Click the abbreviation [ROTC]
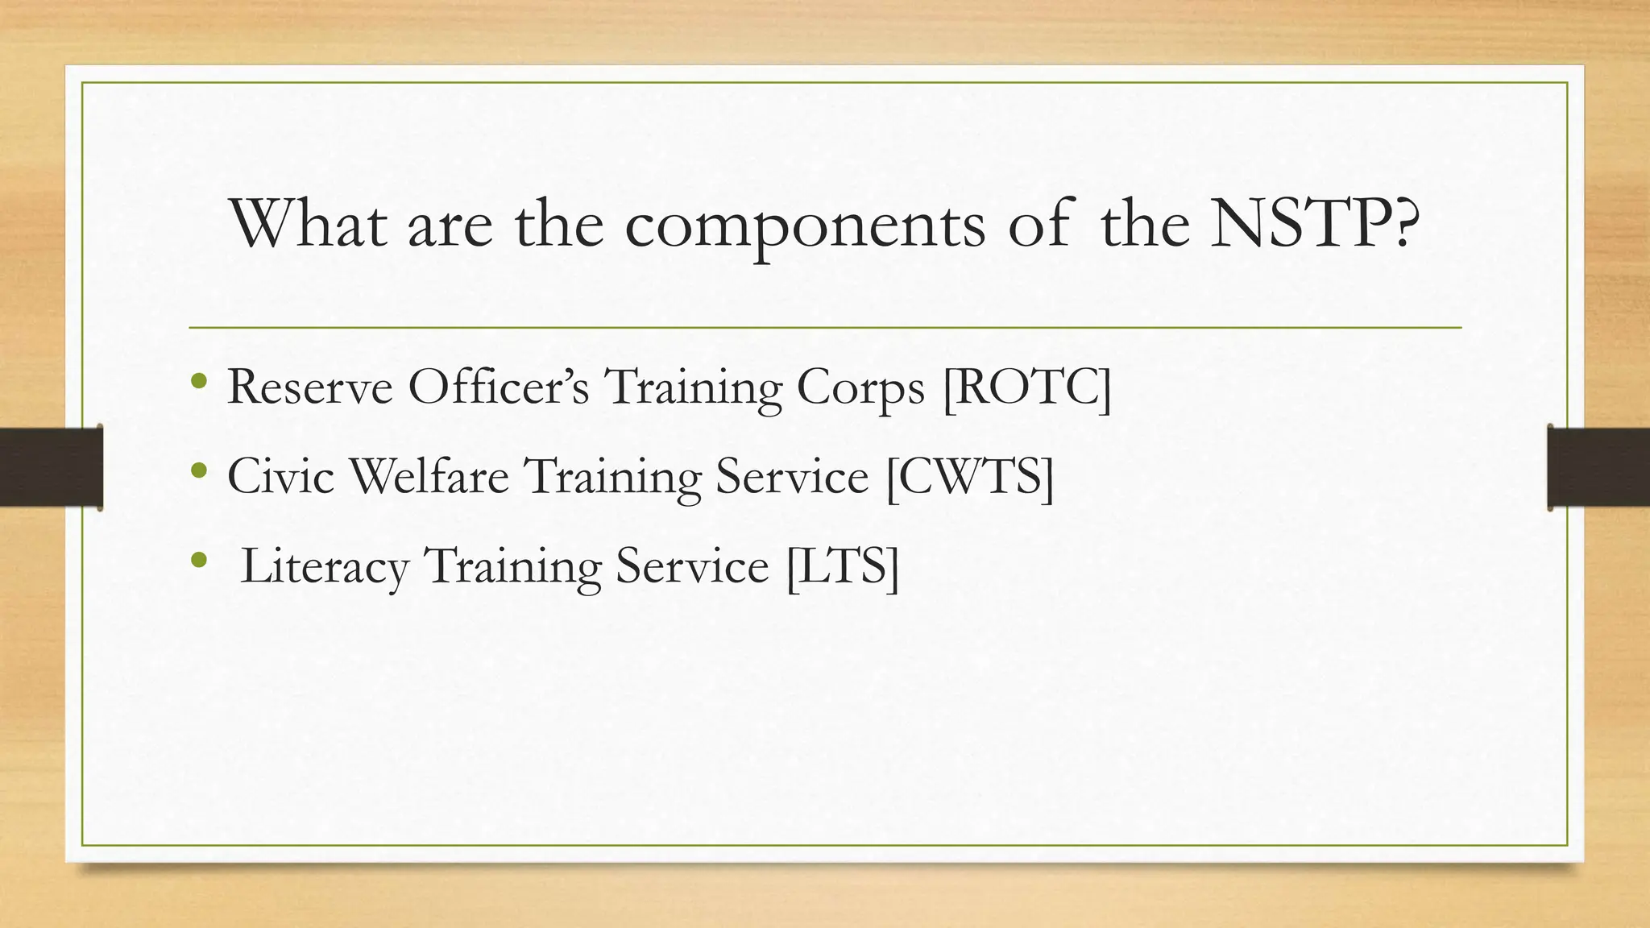1026,388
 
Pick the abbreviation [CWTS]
969,477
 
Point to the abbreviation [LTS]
842,566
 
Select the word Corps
860,390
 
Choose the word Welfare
429,476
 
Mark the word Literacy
325,567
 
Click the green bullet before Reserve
199,379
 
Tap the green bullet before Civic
199,468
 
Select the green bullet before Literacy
199,557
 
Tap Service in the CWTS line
792,476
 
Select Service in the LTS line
692,566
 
